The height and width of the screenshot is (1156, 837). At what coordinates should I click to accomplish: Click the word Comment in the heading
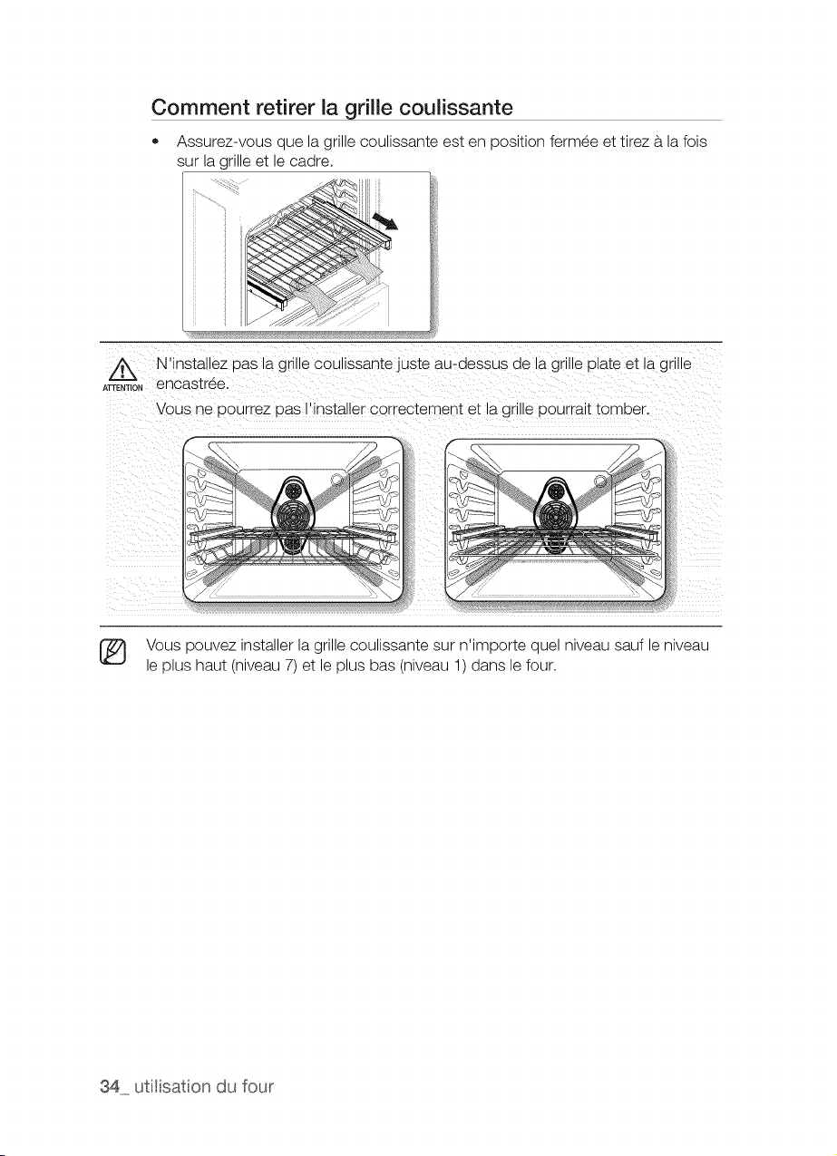point(199,108)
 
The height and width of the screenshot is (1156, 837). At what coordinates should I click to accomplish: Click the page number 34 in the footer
point(111,1087)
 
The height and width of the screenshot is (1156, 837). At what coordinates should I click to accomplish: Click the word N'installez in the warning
point(192,364)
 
